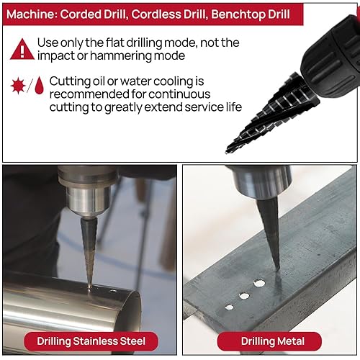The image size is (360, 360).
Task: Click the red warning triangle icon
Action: click(x=22, y=49)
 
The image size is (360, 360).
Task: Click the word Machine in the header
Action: click(x=34, y=14)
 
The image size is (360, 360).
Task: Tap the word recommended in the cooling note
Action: click(x=92, y=94)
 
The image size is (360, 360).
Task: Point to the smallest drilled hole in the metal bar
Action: click(x=229, y=306)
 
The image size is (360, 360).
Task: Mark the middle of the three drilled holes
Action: click(x=244, y=295)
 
